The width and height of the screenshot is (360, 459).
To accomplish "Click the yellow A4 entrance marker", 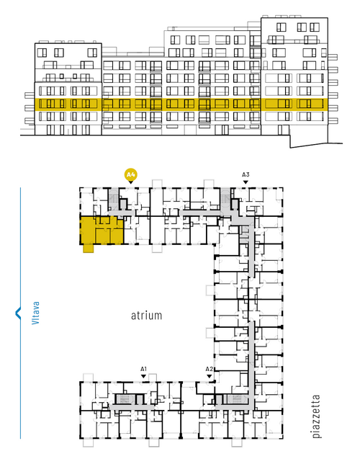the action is click(131, 175).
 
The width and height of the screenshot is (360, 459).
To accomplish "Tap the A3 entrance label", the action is click(246, 175).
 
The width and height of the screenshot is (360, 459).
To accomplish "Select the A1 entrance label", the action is click(143, 369).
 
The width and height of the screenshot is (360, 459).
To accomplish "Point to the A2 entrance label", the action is click(209, 369).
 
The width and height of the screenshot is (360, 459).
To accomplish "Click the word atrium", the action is click(146, 316).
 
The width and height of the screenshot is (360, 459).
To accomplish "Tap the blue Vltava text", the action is click(35, 313).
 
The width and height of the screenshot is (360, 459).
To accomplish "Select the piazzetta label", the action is click(316, 416).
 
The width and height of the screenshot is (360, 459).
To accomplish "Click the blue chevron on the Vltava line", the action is click(17, 313).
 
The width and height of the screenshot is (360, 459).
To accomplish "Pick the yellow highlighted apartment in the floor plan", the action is click(102, 231).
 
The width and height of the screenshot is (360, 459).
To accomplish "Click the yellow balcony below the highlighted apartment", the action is click(89, 249).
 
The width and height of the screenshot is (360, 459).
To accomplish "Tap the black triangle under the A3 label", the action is click(246, 182).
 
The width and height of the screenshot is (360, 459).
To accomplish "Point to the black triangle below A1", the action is click(143, 376).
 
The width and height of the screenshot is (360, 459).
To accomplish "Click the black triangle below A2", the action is click(209, 376).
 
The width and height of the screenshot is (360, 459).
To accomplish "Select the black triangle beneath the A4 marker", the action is click(131, 182).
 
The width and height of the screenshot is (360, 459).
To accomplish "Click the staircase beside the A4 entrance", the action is click(114, 199).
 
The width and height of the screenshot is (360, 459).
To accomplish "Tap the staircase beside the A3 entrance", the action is click(225, 200).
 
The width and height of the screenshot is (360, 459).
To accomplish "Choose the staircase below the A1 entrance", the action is click(125, 399).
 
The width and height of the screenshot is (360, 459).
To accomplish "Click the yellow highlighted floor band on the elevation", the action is click(179, 104).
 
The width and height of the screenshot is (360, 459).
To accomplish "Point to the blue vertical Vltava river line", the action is click(20, 313).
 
